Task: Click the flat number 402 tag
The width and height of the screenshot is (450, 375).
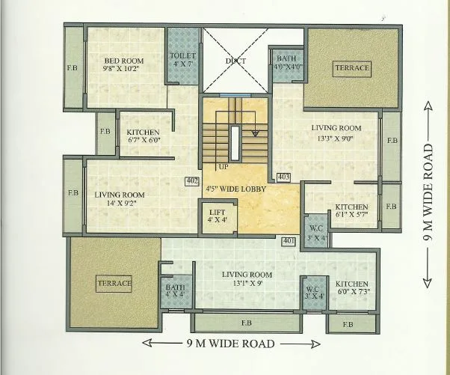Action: click(191, 181)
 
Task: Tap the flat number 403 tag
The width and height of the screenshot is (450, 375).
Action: click(283, 177)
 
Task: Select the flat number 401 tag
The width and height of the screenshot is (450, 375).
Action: click(289, 241)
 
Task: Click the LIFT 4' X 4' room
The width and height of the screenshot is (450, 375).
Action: click(218, 216)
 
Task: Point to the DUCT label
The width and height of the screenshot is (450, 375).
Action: click(235, 61)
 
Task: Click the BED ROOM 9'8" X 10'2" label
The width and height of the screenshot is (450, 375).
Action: click(123, 64)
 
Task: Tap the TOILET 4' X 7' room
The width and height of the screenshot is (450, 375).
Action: click(183, 56)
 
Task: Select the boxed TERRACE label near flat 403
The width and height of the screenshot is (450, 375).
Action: click(352, 69)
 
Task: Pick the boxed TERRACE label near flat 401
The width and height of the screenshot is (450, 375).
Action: click(114, 284)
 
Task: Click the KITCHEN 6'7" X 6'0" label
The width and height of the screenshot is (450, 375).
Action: click(143, 136)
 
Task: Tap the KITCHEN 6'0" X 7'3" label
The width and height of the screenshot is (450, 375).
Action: click(352, 287)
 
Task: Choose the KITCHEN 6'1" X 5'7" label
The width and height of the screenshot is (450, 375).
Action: click(351, 210)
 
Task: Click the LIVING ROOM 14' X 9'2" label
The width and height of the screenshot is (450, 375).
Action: click(120, 199)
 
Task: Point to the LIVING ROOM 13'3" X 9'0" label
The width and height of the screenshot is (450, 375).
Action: click(336, 133)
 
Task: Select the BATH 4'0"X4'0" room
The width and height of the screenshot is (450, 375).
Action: click(288, 65)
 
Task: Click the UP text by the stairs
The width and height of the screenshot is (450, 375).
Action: click(224, 167)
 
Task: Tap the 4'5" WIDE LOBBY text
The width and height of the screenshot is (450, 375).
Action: click(236, 189)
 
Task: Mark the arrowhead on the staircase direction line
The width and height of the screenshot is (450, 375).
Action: click(255, 133)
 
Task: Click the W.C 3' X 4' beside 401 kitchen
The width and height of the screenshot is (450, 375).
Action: click(314, 293)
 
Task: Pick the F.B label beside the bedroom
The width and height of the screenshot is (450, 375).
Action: click(73, 68)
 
